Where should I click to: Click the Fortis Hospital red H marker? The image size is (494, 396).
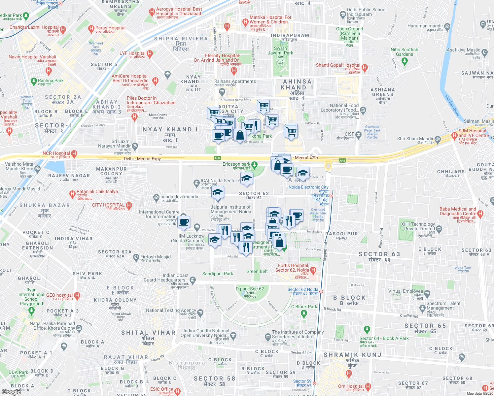(313, 270)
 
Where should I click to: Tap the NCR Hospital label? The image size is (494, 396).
(56, 153)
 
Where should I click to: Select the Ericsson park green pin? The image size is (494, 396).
(254, 164)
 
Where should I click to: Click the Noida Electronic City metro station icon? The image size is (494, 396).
(331, 196)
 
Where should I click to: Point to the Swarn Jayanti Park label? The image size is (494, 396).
(280, 50)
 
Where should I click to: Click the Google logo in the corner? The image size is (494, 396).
(11, 392)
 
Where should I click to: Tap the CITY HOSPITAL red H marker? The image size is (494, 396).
(129, 206)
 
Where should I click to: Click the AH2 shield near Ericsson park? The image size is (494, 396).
(217, 158)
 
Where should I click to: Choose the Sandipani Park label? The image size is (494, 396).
(218, 274)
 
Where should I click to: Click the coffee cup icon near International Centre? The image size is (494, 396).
(184, 221)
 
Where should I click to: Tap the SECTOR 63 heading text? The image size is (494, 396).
(379, 254)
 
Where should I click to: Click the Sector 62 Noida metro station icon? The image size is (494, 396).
(321, 292)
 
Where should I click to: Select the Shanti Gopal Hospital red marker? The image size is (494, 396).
(365, 68)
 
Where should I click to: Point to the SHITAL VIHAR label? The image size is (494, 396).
(148, 333)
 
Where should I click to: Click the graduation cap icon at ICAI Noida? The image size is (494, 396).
(246, 179)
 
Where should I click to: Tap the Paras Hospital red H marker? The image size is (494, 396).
(91, 29)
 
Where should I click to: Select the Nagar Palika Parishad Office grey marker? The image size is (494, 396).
(79, 328)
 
